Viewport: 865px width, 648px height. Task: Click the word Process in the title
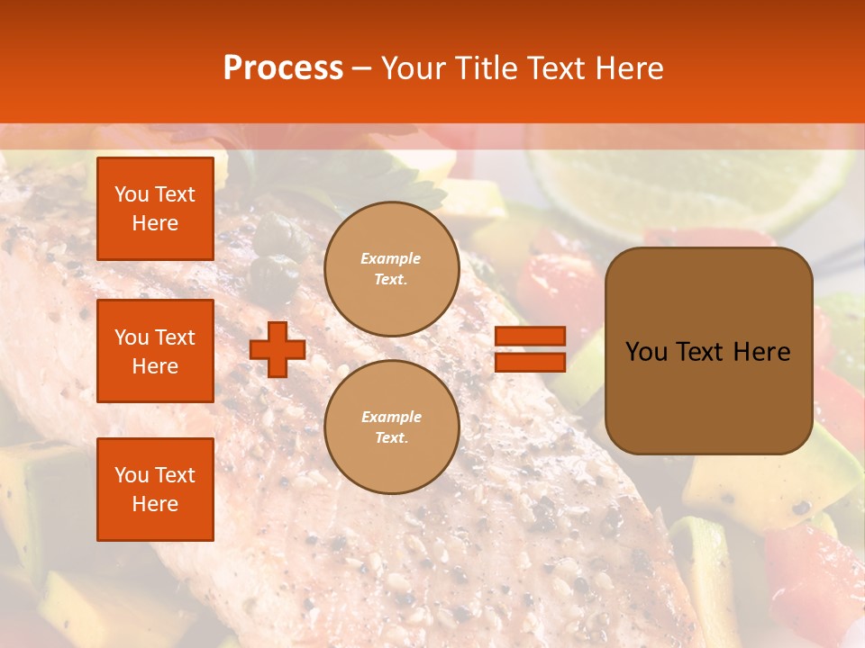coord(283,68)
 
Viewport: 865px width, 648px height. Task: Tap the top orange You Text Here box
coord(155,209)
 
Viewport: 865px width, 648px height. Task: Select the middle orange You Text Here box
coord(155,351)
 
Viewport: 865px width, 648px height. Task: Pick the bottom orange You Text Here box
coord(155,490)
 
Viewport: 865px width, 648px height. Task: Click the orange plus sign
coord(278,349)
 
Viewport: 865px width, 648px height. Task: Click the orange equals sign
coord(530,349)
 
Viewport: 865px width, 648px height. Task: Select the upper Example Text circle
coord(392,268)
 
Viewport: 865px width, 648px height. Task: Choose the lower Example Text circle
coord(392,427)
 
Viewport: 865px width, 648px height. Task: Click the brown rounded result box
coord(708,351)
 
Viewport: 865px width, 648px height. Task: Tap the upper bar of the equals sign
coord(530,337)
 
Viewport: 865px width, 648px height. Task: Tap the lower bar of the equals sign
coord(530,362)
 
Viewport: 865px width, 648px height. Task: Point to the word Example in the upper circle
coord(391,258)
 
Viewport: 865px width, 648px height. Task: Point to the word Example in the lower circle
coord(391,417)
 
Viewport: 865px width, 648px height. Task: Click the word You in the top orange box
coord(132,194)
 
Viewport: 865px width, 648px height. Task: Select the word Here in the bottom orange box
coord(155,504)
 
